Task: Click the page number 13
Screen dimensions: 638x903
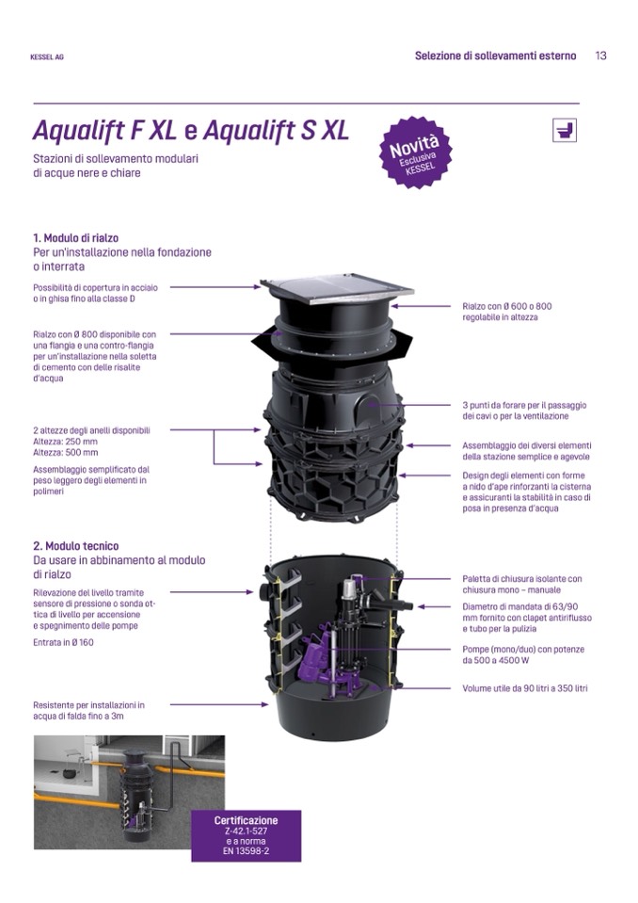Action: pos(600,56)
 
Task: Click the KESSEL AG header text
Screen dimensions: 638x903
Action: pos(47,57)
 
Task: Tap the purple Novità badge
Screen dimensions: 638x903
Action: pos(415,152)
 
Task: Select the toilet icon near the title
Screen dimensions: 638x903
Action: pos(564,130)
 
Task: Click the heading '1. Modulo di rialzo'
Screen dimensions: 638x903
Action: pos(76,238)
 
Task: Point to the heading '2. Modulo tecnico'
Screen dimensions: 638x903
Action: pos(76,546)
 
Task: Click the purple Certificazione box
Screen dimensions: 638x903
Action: pos(247,835)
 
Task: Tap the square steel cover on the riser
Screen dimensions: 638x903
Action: pos(337,290)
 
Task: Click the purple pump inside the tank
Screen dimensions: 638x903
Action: pos(319,657)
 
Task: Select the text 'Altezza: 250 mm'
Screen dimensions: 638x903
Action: pos(66,442)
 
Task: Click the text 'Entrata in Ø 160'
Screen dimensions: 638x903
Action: pos(63,643)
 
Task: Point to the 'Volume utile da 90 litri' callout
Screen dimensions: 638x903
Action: pos(525,688)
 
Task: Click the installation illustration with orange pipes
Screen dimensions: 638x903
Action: pos(130,792)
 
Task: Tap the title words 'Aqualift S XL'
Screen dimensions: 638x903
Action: pos(276,130)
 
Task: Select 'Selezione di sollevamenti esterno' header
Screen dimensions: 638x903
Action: pos(495,56)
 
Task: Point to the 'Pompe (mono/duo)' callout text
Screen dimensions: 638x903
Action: pos(523,654)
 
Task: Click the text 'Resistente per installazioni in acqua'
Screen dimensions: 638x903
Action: pos(88,711)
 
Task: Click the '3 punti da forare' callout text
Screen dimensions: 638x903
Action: pos(524,411)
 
